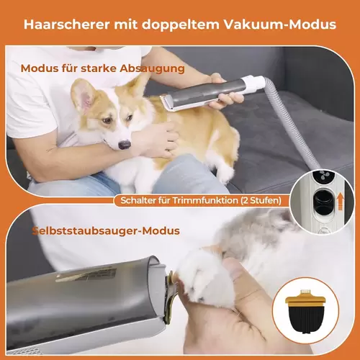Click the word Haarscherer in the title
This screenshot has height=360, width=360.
point(66,24)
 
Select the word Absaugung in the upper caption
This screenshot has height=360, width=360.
point(152,69)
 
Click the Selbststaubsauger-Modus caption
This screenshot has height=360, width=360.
point(106,231)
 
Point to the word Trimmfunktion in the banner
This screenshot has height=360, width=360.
point(205,201)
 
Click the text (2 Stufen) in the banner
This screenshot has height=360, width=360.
point(261,201)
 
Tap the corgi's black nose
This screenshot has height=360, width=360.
point(125,145)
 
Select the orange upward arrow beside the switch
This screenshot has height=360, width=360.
point(341,202)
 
